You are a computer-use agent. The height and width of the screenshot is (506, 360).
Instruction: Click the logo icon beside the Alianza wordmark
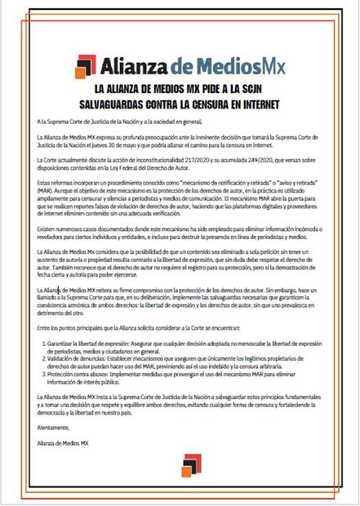tap(84, 64)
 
